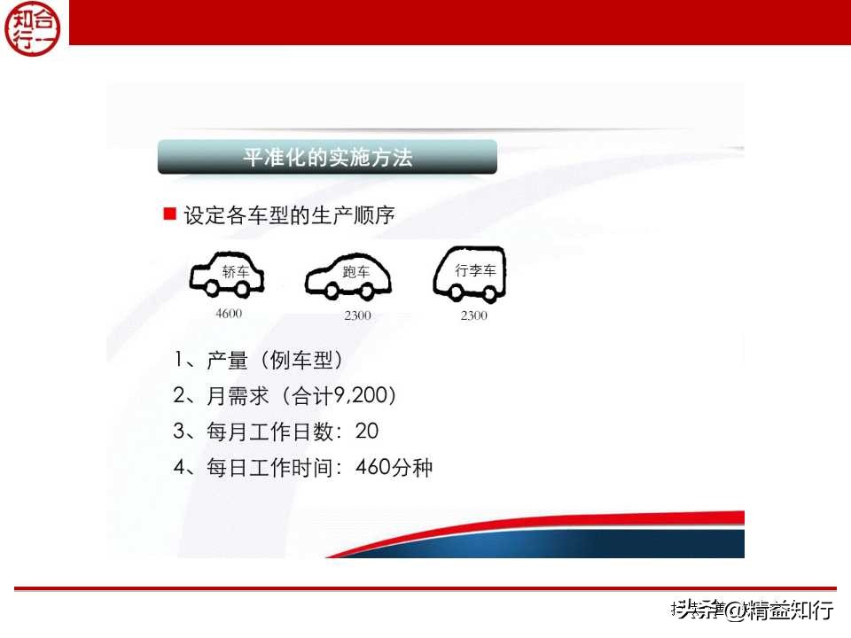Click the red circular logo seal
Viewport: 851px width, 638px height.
click(35, 27)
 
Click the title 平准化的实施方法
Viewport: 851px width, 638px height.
click(327, 158)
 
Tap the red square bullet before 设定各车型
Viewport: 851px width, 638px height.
click(170, 214)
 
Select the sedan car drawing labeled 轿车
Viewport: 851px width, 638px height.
click(227, 276)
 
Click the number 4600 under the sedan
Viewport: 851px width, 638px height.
click(228, 314)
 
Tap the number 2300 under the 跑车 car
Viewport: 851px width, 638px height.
click(357, 315)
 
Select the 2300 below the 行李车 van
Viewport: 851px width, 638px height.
click(473, 315)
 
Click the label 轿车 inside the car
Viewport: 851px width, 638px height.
click(236, 272)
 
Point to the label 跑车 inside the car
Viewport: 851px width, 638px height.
click(356, 272)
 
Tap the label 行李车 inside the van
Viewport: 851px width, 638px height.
click(475, 270)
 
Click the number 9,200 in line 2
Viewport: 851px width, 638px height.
click(363, 396)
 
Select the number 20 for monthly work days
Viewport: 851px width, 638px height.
click(366, 432)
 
